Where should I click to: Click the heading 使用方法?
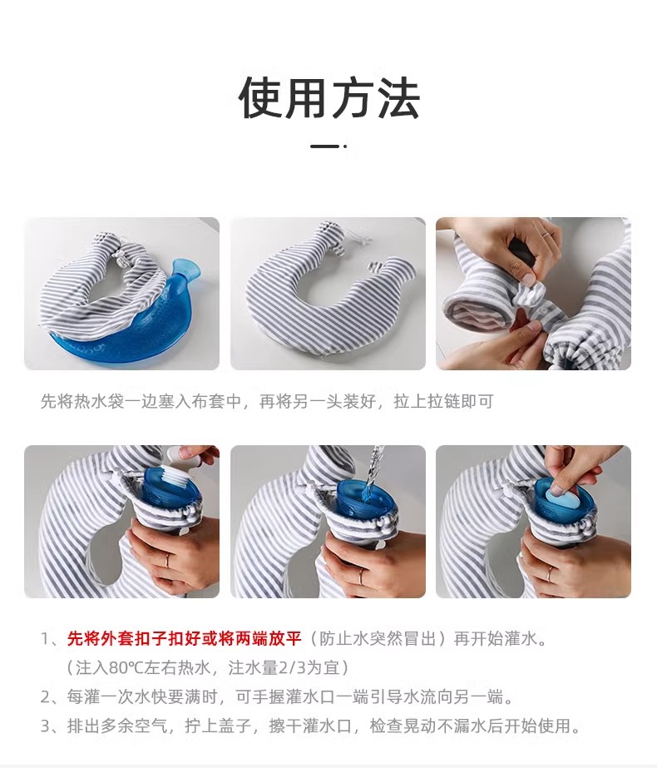click(x=328, y=98)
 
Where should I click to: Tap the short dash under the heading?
click(x=325, y=146)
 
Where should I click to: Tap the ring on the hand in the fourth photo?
click(x=167, y=560)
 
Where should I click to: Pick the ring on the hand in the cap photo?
click(x=549, y=572)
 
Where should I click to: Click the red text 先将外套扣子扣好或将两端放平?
click(x=184, y=639)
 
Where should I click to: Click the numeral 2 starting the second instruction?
click(x=46, y=696)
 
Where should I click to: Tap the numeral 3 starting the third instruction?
click(x=46, y=726)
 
